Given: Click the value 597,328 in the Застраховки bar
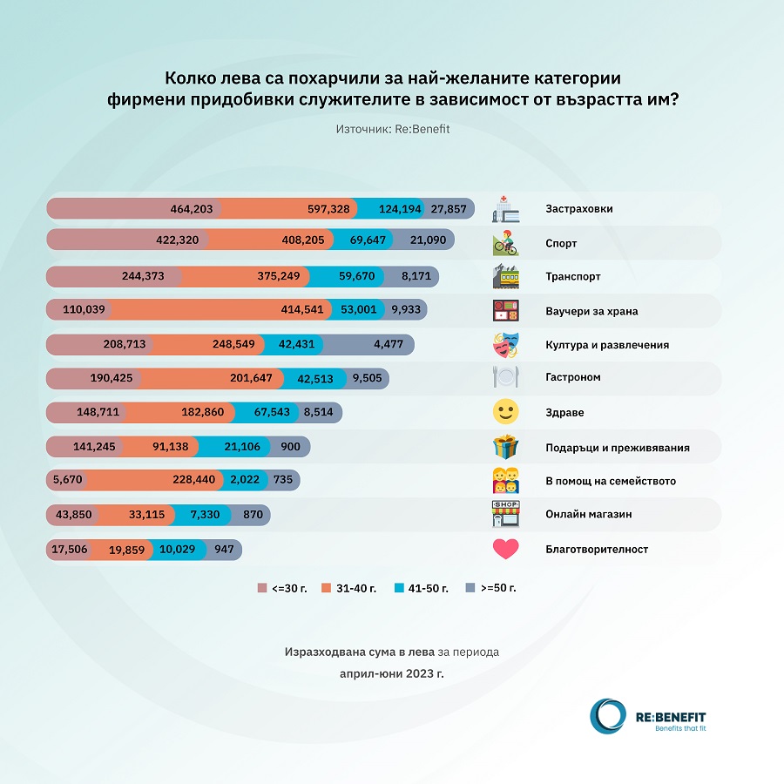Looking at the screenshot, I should tap(328, 209).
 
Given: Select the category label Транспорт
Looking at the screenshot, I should tap(572, 277).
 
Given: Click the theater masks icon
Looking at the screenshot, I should tap(506, 344).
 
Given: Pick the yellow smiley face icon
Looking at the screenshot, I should tap(506, 411).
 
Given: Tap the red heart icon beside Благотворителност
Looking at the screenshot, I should tap(506, 549).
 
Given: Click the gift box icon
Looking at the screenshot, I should tap(506, 447).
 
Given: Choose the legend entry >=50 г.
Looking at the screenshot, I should tap(491, 588).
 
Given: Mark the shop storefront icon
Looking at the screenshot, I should tap(506, 514).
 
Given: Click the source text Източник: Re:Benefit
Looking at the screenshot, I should tap(392, 128).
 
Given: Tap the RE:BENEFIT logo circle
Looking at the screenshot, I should tap(607, 716).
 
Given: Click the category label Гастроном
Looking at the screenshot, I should tap(573, 378).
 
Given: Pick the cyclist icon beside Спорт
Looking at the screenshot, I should tap(506, 242).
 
